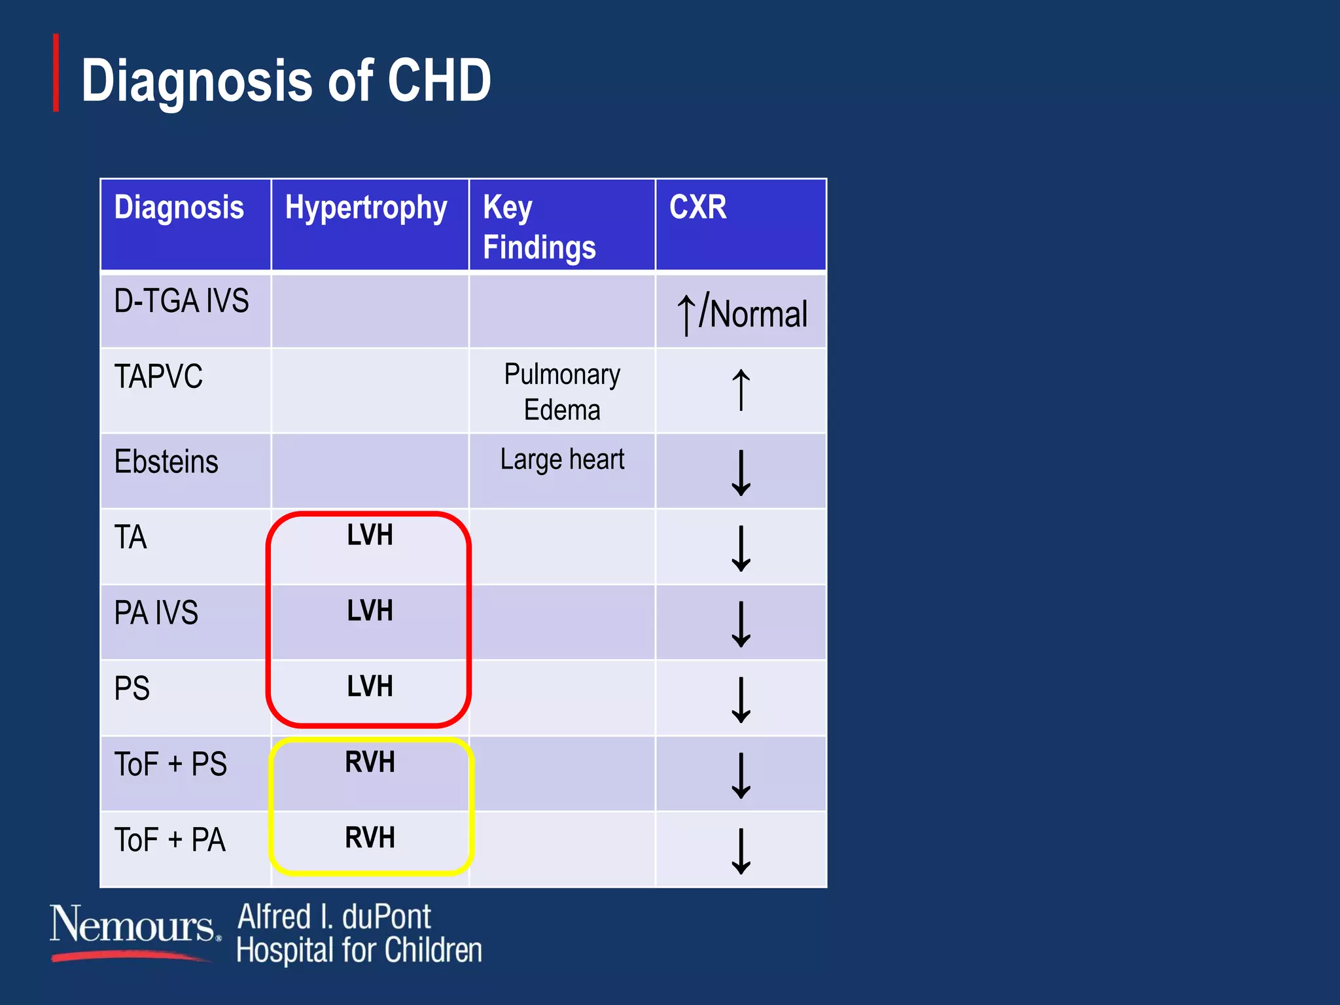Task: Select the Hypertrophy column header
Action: point(366,208)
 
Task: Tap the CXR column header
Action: point(697,207)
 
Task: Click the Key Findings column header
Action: point(539,227)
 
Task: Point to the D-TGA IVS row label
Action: point(181,301)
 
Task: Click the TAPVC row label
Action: point(158,377)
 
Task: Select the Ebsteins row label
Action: point(166,462)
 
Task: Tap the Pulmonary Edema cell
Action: point(562,392)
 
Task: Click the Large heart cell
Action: point(562,460)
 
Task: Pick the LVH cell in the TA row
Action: point(370,535)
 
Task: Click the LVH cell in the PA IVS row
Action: point(370,611)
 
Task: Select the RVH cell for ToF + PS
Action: point(370,762)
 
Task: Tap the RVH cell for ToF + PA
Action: point(370,838)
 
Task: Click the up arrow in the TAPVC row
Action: point(741,390)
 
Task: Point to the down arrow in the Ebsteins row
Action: point(741,472)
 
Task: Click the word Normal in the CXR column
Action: point(759,315)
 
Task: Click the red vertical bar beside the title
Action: point(56,73)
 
